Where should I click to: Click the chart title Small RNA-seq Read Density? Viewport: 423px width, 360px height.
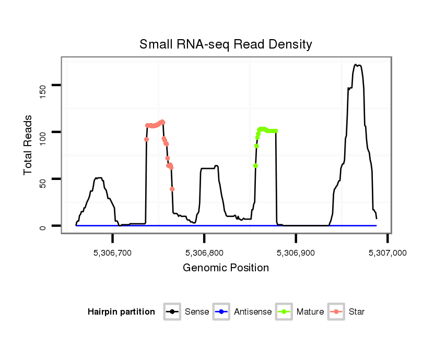226,44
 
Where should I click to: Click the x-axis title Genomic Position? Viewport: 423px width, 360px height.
226,268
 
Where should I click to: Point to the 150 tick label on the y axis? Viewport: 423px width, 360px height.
43,85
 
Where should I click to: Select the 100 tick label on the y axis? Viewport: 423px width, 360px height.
43,132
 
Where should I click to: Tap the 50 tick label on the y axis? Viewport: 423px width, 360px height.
43,179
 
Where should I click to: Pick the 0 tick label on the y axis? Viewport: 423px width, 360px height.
43,226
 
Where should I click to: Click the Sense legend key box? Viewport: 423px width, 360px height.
172,312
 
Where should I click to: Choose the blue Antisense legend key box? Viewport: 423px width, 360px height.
221,312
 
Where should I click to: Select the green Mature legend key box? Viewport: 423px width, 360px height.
284,312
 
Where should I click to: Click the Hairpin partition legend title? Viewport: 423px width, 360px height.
121,312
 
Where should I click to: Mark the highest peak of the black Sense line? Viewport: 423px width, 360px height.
356,65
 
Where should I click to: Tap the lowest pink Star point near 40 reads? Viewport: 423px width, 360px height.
172,189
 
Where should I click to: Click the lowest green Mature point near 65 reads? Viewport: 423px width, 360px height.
255,165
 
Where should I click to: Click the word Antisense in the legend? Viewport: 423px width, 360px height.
253,312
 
